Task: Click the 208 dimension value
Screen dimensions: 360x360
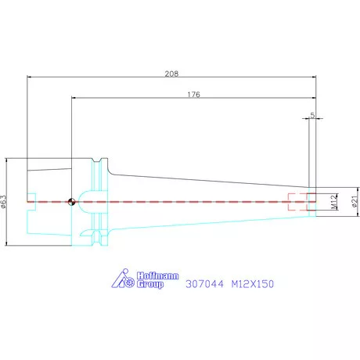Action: pyautogui.click(x=171, y=74)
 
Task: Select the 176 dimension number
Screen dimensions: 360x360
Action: pyautogui.click(x=193, y=95)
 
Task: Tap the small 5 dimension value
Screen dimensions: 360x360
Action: pyautogui.click(x=312, y=115)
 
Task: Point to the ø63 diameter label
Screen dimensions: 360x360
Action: pyautogui.click(x=4, y=202)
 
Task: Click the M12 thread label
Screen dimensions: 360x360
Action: pyautogui.click(x=334, y=202)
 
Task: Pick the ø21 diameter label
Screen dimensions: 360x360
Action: pyautogui.click(x=355, y=201)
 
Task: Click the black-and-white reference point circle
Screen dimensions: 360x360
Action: pyautogui.click(x=71, y=202)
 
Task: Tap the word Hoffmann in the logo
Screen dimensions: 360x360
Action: pyautogui.click(x=158, y=275)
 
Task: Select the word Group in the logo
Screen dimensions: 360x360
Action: pyautogui.click(x=150, y=284)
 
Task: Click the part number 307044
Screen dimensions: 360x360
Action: pyautogui.click(x=204, y=284)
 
